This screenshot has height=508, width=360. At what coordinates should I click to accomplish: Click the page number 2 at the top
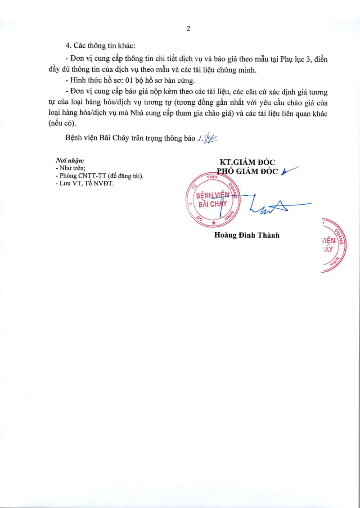188,28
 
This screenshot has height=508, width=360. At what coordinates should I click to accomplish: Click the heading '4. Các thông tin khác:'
100,45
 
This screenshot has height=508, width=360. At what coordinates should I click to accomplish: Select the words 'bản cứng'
180,81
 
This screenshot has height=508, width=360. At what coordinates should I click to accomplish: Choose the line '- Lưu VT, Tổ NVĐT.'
85,184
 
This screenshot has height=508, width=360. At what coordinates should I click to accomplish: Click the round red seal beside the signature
212,201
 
